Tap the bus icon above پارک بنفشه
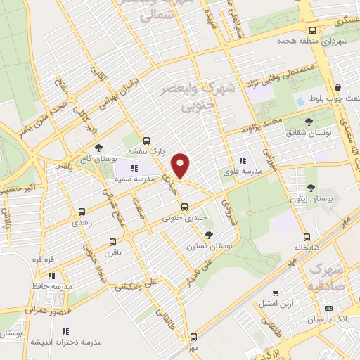click(146, 140)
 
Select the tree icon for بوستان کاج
click(98, 148)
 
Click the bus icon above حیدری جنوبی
click(184, 207)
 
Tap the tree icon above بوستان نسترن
click(208, 235)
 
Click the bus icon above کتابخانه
click(306, 237)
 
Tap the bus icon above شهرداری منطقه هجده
click(312, 30)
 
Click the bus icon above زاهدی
click(82, 211)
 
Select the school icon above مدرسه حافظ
click(51, 276)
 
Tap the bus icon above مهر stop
click(193, 336)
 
